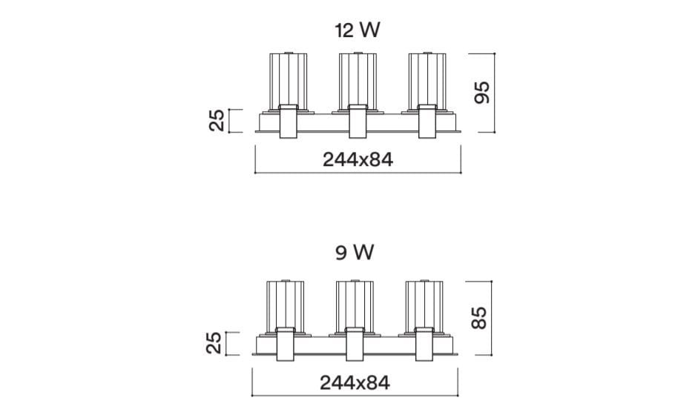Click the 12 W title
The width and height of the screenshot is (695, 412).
coord(358,30)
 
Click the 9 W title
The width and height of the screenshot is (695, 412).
coord(355,253)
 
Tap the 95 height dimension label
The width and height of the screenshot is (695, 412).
coord(482,93)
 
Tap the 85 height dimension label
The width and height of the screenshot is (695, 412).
coord(479,317)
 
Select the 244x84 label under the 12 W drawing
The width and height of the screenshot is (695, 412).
coord(358,159)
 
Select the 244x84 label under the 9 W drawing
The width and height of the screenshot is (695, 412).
coord(355,383)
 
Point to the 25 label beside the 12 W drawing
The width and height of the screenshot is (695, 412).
coord(217,121)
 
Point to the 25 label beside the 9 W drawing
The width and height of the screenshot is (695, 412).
coord(214,343)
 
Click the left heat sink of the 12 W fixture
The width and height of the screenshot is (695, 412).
coord(288,81)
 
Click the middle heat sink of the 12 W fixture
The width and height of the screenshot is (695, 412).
coord(358,81)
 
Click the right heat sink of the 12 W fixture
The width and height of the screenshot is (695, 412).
coord(426,81)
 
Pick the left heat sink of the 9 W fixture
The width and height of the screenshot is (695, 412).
coord(286,306)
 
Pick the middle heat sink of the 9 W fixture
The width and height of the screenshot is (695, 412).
coord(355,306)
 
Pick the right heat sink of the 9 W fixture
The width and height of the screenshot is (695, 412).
coord(424,306)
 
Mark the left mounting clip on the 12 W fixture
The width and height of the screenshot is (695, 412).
coord(288,122)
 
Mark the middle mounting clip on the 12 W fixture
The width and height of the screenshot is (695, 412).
coord(358,122)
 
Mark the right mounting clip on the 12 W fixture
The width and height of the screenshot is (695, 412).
coord(427,122)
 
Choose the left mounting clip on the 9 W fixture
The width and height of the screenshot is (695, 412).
coord(286,345)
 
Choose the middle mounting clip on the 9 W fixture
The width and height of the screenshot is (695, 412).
coord(355,345)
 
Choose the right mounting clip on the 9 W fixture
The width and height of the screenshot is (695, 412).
coord(424,345)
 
